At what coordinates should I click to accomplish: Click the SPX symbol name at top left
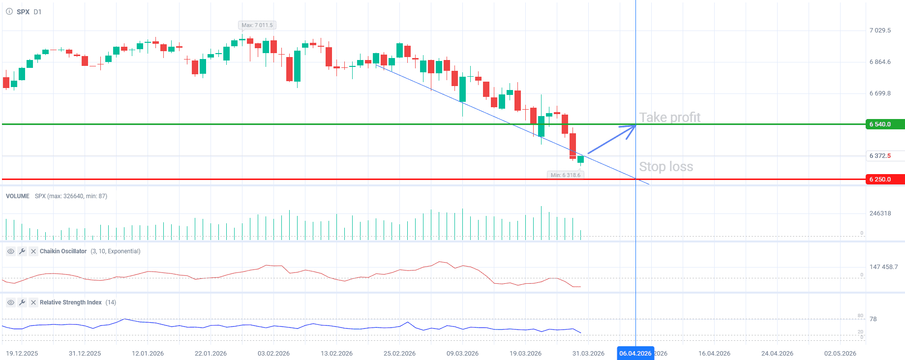(23, 12)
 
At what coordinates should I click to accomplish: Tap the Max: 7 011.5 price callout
(257, 25)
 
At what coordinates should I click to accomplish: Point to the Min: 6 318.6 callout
(565, 175)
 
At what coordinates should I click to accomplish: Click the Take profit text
(669, 118)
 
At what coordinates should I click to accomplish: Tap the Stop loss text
(666, 167)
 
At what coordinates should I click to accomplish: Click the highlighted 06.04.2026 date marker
(635, 353)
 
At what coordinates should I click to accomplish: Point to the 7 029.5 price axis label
(880, 30)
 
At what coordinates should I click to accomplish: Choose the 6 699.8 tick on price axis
(880, 93)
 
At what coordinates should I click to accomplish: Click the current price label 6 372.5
(880, 156)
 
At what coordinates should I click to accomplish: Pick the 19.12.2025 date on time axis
(22, 354)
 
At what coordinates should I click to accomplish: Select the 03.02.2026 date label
(273, 354)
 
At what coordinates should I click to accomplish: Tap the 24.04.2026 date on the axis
(777, 354)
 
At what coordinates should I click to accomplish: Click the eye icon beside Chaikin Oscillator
(10, 251)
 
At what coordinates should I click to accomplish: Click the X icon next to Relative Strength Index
(33, 302)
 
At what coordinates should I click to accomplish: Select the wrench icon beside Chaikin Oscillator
(22, 251)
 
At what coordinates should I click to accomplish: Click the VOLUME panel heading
(18, 196)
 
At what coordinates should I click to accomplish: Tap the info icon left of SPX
(9, 12)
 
